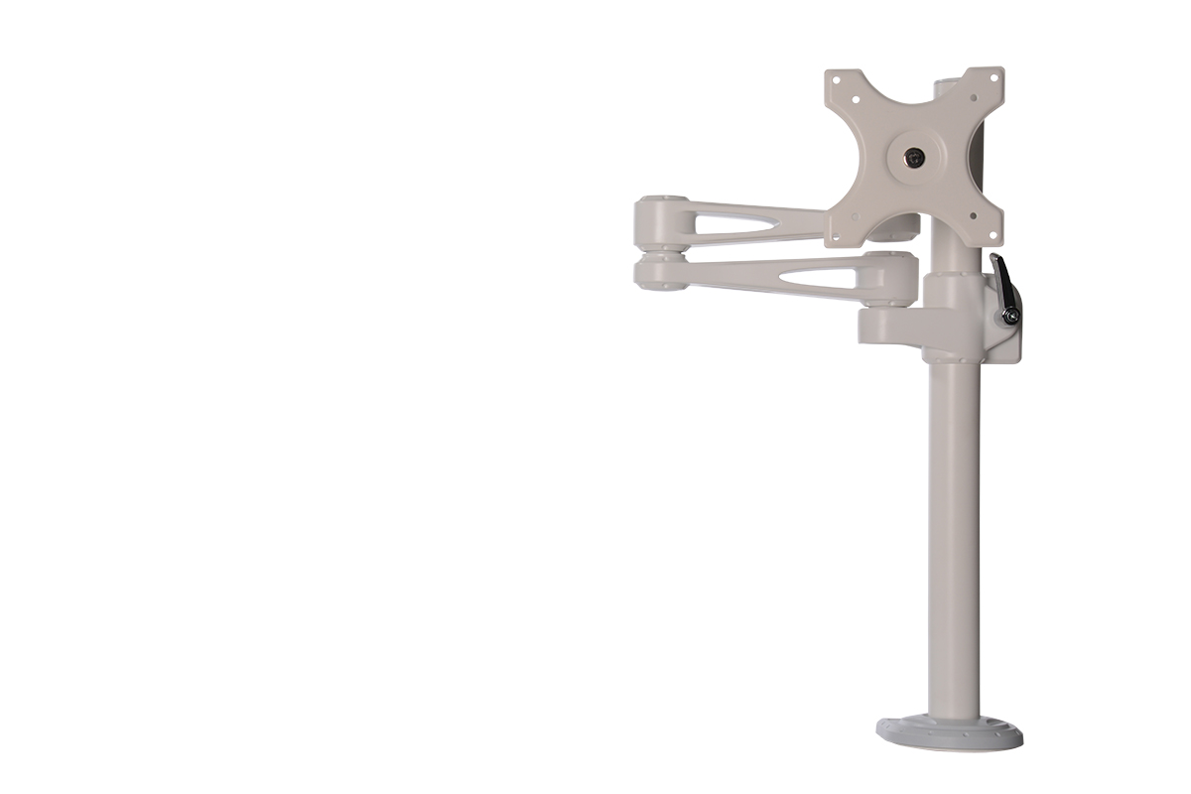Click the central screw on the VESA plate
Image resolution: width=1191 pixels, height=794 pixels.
point(914,157)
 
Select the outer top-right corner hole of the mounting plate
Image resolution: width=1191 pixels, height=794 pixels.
point(992,78)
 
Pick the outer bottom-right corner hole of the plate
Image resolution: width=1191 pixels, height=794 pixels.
point(992,234)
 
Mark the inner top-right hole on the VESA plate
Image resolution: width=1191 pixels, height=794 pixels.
point(972,99)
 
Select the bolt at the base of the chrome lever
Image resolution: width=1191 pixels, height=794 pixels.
point(1010,316)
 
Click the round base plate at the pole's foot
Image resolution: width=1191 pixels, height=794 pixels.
point(949,732)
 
